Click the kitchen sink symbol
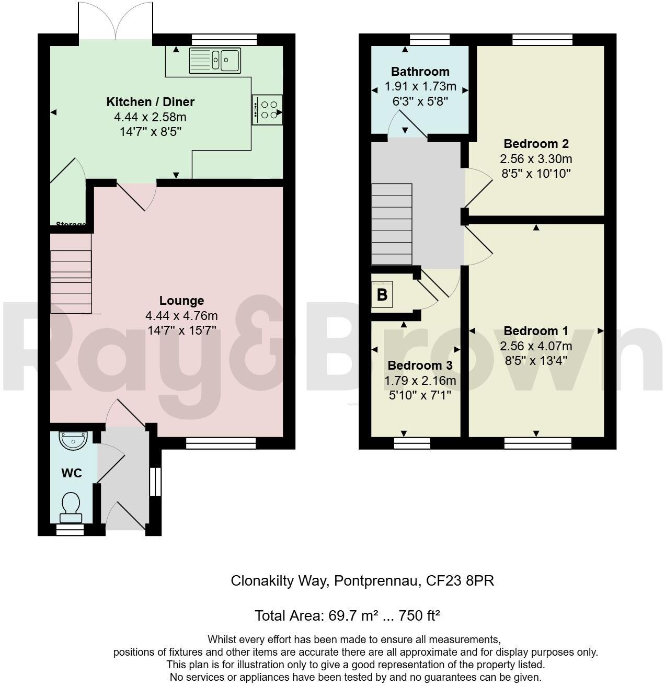coord(214,60)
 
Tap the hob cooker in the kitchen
coord(267,109)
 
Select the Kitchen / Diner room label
coord(150,101)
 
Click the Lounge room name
coord(181,301)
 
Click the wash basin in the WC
coord(73,440)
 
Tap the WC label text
coord(72,473)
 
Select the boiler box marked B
coord(382,295)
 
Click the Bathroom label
coord(420,72)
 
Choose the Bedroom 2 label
coord(536,143)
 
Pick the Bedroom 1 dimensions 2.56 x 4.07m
coord(536,346)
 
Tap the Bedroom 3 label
coord(420,365)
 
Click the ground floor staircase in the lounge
coord(71,281)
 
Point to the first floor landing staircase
coord(392,224)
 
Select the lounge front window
coord(221,443)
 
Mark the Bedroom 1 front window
coord(537,443)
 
